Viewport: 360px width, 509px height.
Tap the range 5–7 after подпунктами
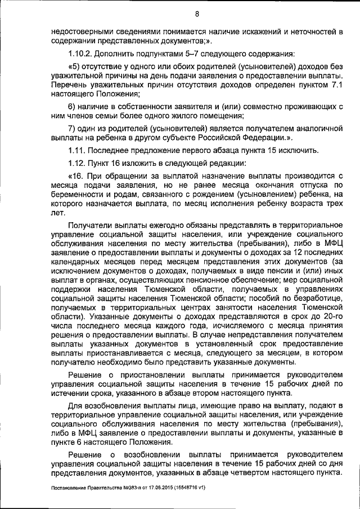pos(184,55)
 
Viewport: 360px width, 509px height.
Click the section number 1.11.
pos(76,150)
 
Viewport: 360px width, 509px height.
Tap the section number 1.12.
pos(76,163)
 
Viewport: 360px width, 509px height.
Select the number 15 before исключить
pos(273,150)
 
